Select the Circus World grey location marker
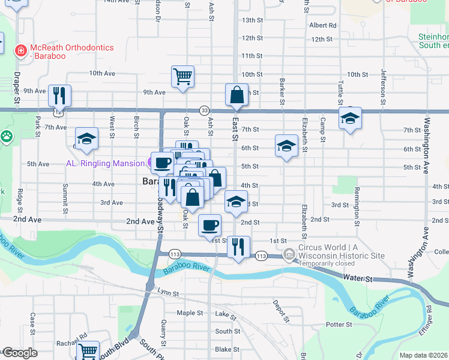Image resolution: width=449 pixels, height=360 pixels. [290, 254]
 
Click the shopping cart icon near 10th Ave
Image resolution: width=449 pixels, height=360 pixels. [182, 77]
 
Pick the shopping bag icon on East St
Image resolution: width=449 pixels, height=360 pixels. [237, 95]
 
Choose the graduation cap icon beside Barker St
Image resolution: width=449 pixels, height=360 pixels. [286, 146]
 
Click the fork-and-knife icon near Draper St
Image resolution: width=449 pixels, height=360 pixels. [59, 95]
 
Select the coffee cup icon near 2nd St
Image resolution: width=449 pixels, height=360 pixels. [209, 226]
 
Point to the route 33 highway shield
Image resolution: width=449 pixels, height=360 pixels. [205, 110]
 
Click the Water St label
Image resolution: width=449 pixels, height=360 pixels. [358, 279]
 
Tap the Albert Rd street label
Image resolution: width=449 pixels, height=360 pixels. [323, 25]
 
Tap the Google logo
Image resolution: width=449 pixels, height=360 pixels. [20, 353]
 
